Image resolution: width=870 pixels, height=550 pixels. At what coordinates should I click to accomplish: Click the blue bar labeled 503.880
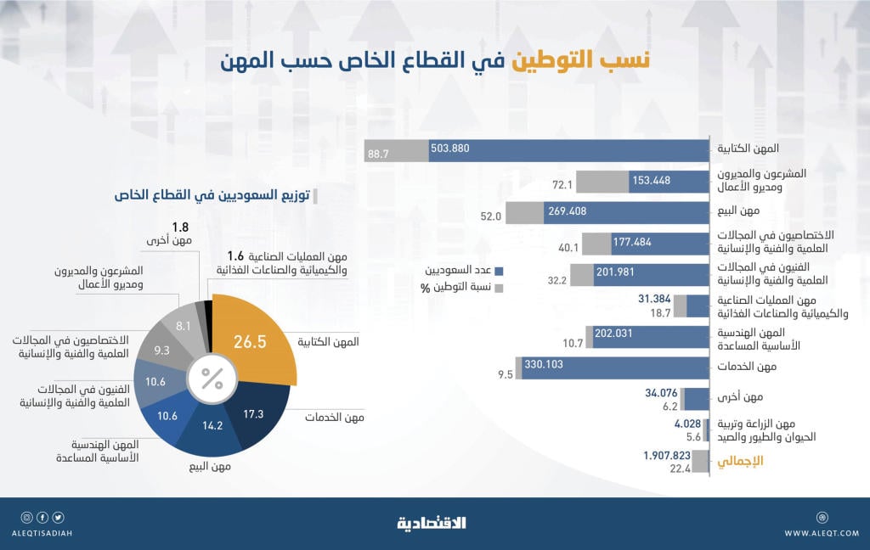pyautogui.click(x=569, y=150)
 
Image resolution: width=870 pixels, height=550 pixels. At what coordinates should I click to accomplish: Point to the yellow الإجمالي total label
pyautogui.click(x=740, y=461)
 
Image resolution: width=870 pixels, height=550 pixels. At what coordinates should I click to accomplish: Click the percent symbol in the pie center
pyautogui.click(x=212, y=379)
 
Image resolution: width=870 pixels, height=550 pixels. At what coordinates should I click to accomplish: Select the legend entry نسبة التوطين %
pyautogui.click(x=463, y=288)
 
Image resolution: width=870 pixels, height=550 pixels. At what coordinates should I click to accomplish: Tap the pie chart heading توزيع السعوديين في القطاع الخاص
pyautogui.click(x=212, y=195)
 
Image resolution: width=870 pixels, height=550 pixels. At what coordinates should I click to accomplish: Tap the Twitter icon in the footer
pyautogui.click(x=58, y=517)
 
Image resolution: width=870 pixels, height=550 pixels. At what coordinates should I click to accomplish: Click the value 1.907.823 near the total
pyautogui.click(x=668, y=455)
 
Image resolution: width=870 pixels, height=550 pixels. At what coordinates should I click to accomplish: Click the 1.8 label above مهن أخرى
pyautogui.click(x=179, y=227)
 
